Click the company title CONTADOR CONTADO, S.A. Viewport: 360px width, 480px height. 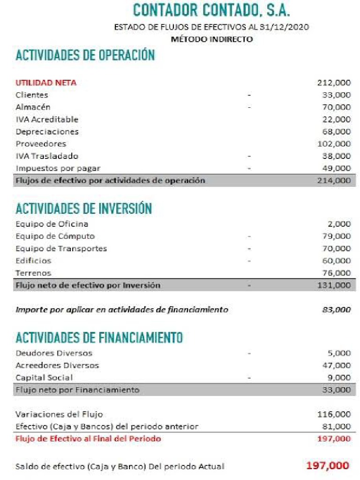211,10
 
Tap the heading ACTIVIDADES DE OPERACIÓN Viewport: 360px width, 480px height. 85,55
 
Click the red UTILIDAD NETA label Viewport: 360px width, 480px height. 46,83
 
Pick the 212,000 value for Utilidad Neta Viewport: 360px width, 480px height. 334,83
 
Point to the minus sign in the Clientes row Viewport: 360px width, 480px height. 249,95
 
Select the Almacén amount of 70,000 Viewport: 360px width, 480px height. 336,107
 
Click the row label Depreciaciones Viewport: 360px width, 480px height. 47,132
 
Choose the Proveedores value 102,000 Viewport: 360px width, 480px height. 334,144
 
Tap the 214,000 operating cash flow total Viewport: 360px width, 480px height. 334,180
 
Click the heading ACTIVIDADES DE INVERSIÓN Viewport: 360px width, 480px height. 84,208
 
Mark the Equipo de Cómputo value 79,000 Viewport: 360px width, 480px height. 336,236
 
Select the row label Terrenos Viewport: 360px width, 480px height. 33,273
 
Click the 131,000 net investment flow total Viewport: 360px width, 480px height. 334,285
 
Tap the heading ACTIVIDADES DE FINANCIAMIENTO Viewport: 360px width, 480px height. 99,337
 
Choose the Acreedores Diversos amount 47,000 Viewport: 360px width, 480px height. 336,365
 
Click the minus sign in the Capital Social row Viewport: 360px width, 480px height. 249,377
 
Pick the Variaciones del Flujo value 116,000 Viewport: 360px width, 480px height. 334,414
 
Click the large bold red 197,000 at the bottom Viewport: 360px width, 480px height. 328,465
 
